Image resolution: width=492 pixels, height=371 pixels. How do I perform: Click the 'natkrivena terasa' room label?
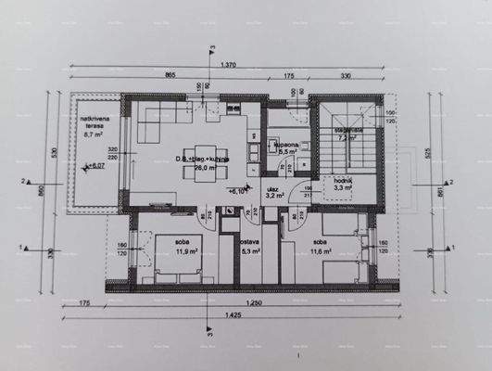(x=90, y=122)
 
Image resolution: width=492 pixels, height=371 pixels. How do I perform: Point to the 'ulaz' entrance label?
(x=273, y=189)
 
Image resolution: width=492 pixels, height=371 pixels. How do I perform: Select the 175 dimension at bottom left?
(x=83, y=304)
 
